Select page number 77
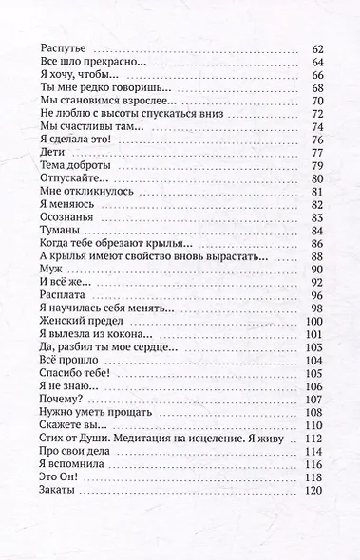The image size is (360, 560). click(318, 152)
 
